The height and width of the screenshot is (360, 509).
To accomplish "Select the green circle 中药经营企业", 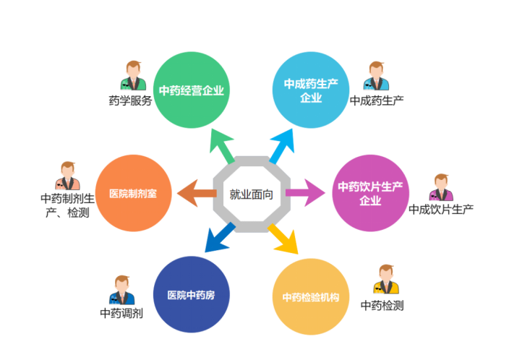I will [192, 90].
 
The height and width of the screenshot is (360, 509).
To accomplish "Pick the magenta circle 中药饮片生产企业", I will [370, 193].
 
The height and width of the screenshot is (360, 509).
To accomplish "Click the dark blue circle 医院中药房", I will [192, 294].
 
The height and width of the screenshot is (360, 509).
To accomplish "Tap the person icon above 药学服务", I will [134, 77].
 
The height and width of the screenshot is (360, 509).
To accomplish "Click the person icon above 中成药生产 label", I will [376, 77].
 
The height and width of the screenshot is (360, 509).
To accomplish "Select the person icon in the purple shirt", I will [440, 188].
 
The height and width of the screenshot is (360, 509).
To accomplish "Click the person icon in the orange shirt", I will [66, 176].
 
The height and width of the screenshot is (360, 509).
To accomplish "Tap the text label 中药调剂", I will [121, 314].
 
